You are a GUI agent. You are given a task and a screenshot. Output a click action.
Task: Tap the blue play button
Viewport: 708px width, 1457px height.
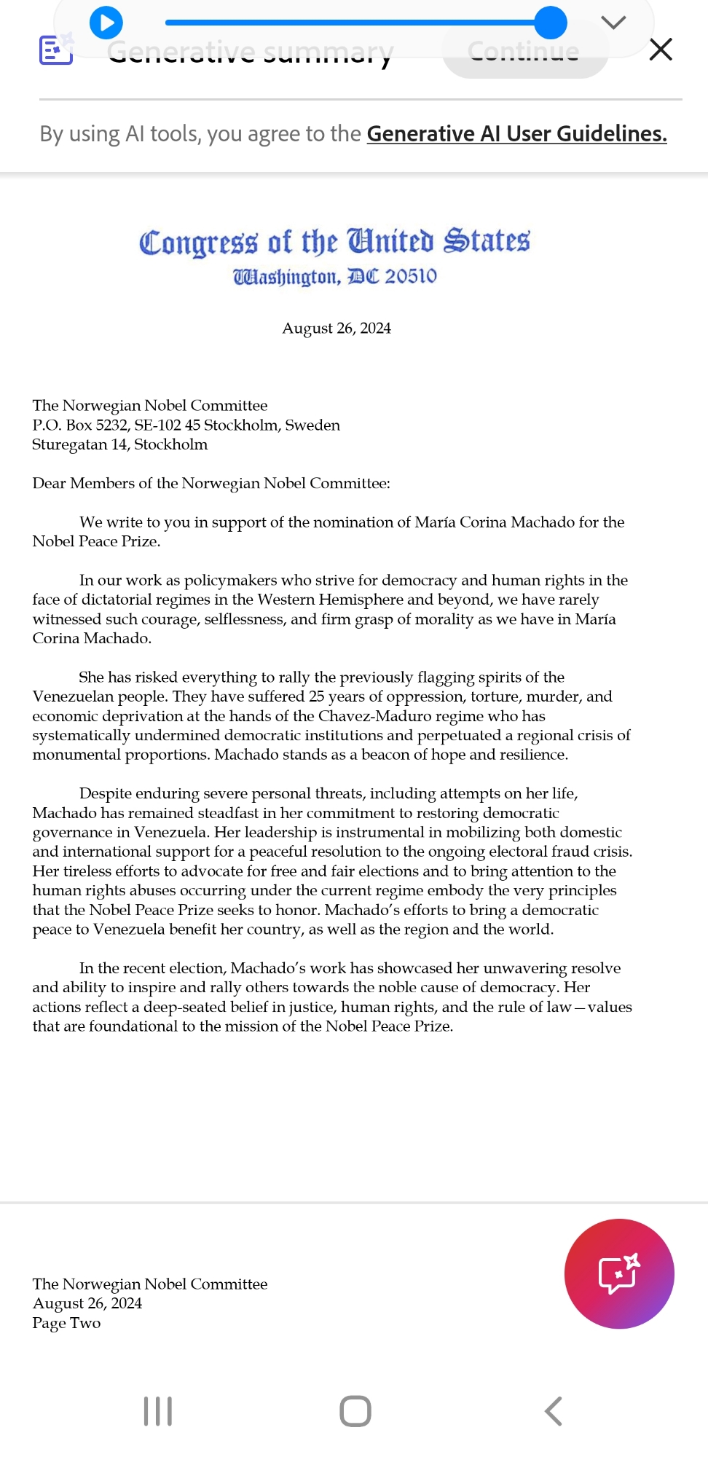pyautogui.click(x=106, y=23)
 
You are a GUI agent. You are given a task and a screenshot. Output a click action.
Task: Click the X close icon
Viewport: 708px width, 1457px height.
pyautogui.click(x=660, y=50)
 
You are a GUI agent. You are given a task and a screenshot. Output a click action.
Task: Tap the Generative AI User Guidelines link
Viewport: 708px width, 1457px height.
pyautogui.click(x=516, y=134)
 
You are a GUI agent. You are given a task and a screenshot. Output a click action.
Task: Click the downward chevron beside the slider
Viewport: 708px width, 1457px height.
pyautogui.click(x=613, y=23)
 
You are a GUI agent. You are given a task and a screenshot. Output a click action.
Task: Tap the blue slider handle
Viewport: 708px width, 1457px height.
pyautogui.click(x=550, y=23)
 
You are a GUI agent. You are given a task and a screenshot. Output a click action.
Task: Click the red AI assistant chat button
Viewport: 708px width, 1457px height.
pyautogui.click(x=619, y=1273)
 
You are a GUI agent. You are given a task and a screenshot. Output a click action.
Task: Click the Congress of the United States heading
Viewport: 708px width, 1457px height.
pyautogui.click(x=334, y=242)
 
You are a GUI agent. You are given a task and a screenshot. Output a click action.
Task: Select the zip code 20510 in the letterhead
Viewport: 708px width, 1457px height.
pyautogui.click(x=411, y=277)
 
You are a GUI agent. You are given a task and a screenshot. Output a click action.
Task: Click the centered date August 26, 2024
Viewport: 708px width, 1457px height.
pyautogui.click(x=337, y=329)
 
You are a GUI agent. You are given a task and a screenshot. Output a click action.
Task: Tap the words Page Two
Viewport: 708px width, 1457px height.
pyautogui.click(x=66, y=1323)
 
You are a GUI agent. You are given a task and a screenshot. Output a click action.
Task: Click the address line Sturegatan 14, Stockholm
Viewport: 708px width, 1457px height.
pyautogui.click(x=120, y=444)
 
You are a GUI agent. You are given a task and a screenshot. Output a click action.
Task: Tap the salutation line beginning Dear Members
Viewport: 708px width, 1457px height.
pyautogui.click(x=211, y=484)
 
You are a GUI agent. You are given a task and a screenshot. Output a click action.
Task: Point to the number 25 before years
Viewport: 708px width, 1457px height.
pyautogui.click(x=316, y=696)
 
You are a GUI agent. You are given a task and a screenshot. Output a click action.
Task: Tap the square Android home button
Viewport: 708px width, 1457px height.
pyautogui.click(x=355, y=1411)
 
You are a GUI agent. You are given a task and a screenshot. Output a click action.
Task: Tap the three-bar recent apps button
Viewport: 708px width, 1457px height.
pyautogui.click(x=158, y=1411)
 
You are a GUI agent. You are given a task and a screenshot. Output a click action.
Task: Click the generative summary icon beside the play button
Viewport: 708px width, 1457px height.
pyautogui.click(x=55, y=50)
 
